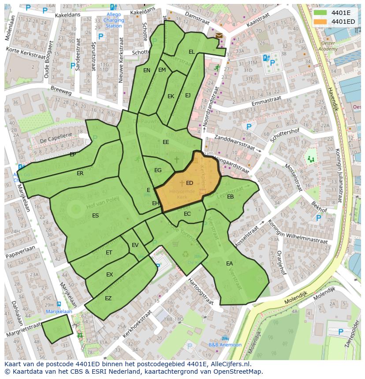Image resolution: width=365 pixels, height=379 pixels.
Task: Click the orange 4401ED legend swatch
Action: click(320, 21)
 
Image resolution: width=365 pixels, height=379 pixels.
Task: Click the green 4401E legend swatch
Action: click(320, 12)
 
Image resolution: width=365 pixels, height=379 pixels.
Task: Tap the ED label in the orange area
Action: click(190, 183)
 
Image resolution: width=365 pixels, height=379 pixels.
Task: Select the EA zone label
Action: click(229, 264)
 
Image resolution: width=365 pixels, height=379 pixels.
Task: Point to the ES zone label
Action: click(95, 216)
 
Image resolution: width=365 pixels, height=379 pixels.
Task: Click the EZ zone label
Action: click(108, 298)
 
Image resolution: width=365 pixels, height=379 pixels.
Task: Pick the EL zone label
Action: click(191, 52)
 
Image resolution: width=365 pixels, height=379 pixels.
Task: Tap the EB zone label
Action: click(230, 197)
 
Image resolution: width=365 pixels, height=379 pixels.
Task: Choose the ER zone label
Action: click(80, 173)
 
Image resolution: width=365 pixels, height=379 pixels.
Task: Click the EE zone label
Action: click(166, 142)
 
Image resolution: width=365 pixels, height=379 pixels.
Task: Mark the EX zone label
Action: click(109, 275)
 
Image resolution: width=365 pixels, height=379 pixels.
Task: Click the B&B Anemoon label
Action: click(225, 345)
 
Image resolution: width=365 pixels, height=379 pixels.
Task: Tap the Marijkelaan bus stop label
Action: click(59, 311)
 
